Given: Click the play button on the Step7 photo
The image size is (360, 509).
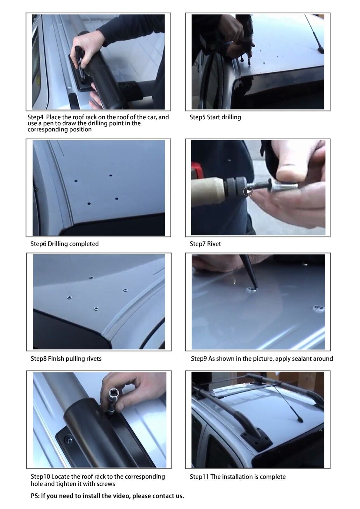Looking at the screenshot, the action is (248, 191).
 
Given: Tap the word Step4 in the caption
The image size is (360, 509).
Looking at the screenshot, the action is (35, 117).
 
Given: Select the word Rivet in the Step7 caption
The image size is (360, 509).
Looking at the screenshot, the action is (214, 244).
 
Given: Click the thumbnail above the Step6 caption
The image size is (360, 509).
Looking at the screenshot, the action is (99, 188).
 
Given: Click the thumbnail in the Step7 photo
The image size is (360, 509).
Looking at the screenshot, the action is (258, 187).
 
